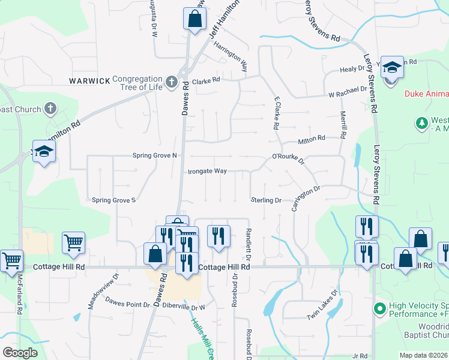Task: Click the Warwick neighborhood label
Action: point(89,80)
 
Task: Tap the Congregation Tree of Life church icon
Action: point(171,80)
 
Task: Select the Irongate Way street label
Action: point(207,171)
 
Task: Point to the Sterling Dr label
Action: point(266,200)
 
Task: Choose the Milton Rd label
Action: point(312,138)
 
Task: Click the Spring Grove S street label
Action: point(113,200)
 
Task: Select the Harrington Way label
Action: point(231,54)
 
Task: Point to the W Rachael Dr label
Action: point(348,88)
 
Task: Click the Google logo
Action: point(20,352)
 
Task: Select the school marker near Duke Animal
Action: point(392,67)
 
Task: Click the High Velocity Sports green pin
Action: point(379,309)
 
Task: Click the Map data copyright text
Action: point(423,355)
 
